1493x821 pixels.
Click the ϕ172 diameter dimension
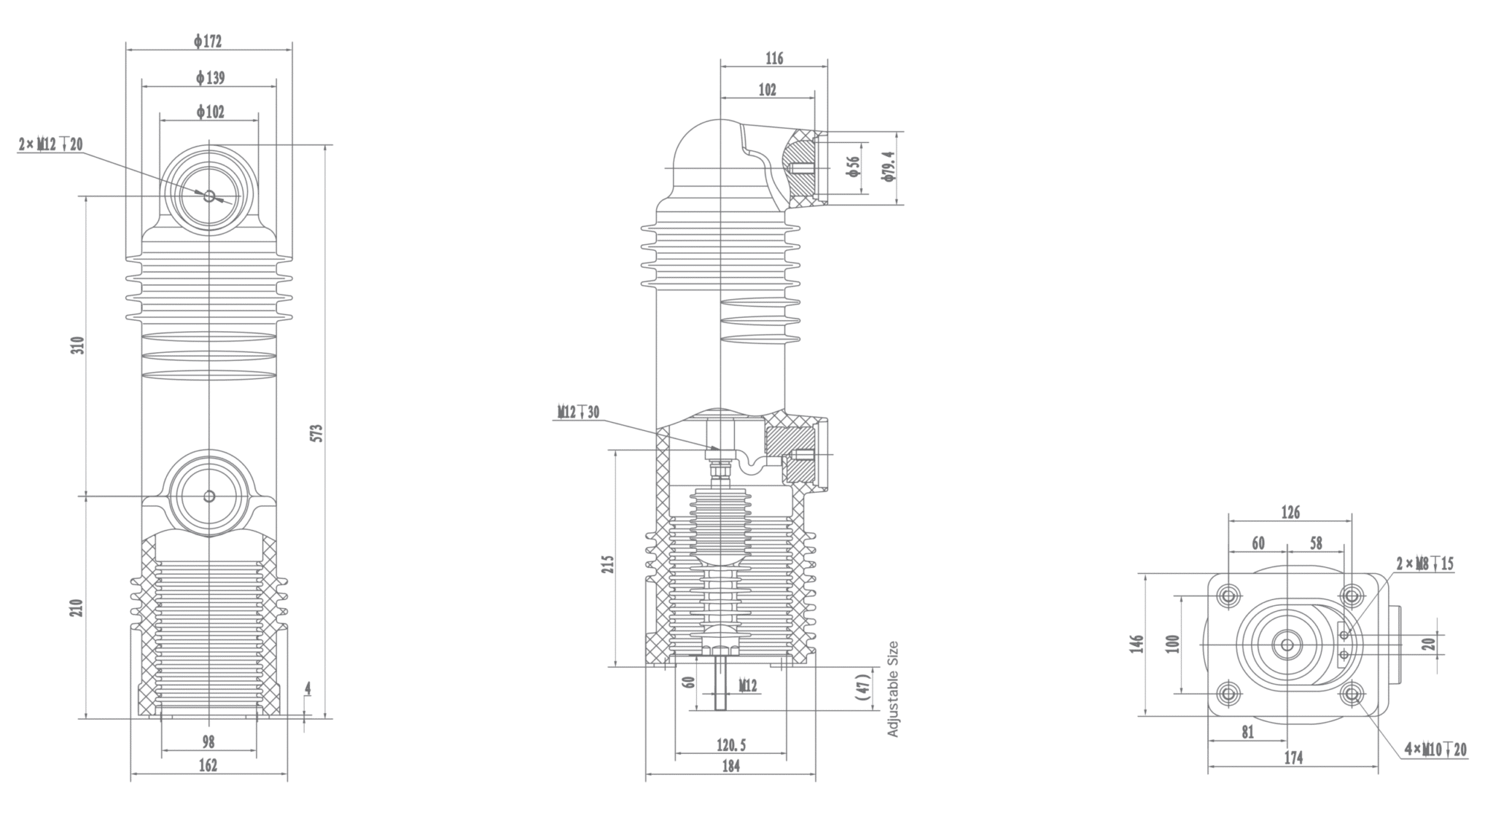pos(208,42)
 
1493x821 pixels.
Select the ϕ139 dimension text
pos(210,77)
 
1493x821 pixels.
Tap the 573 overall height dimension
pos(316,432)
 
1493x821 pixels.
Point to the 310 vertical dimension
pos(78,345)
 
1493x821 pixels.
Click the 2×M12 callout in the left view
pos(50,144)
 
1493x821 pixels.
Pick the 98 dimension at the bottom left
pos(208,742)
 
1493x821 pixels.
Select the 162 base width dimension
pos(208,766)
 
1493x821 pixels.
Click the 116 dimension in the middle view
pos(774,58)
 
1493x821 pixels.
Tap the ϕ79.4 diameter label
pos(887,166)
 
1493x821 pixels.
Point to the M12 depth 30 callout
pos(579,413)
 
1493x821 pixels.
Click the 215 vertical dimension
pos(609,564)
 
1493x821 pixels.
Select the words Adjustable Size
pos(893,689)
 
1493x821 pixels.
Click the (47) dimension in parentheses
pos(863,688)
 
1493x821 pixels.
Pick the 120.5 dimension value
pos(731,745)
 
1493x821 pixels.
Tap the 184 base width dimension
pos(730,766)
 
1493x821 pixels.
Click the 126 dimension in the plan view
pos(1290,513)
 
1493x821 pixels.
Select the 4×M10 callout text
pos(1435,750)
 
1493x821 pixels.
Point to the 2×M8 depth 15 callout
pos(1424,564)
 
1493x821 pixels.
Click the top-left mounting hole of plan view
pos(1229,596)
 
